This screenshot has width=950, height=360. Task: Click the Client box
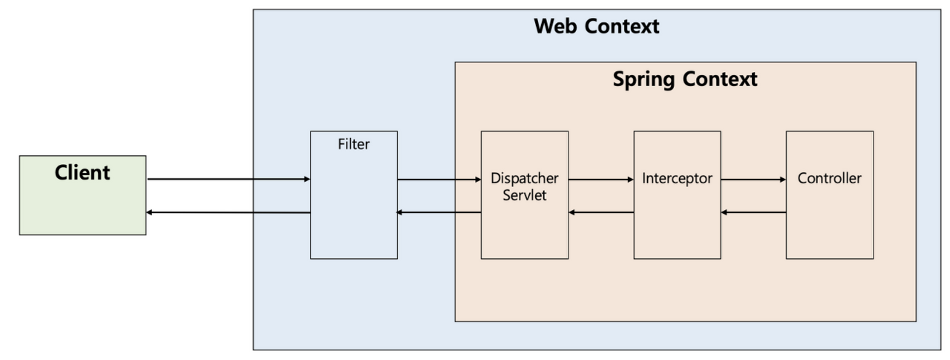pos(82,204)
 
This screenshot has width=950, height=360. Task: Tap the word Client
pos(82,173)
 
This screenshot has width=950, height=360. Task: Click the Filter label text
pos(353,145)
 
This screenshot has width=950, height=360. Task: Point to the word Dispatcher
pos(524,179)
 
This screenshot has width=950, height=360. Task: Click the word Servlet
pos(524,194)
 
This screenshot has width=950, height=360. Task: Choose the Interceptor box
pos(677,223)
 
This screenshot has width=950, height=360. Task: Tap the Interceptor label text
pos(677,179)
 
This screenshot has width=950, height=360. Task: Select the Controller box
pos(829,223)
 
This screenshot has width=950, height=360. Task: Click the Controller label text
pos(829,179)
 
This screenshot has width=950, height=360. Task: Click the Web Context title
pos(596,27)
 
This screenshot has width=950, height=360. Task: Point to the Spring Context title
pos(684,79)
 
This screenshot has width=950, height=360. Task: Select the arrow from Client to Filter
pos(229,179)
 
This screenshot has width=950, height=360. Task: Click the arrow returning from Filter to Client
pos(229,212)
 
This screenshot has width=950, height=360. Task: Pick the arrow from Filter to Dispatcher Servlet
pos(439,179)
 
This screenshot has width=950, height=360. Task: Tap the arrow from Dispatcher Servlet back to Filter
pos(439,212)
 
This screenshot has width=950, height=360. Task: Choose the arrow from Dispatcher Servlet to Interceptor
pos(600,179)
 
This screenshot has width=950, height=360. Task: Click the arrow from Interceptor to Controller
pos(753,179)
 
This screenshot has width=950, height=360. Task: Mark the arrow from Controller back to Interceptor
pos(753,212)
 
